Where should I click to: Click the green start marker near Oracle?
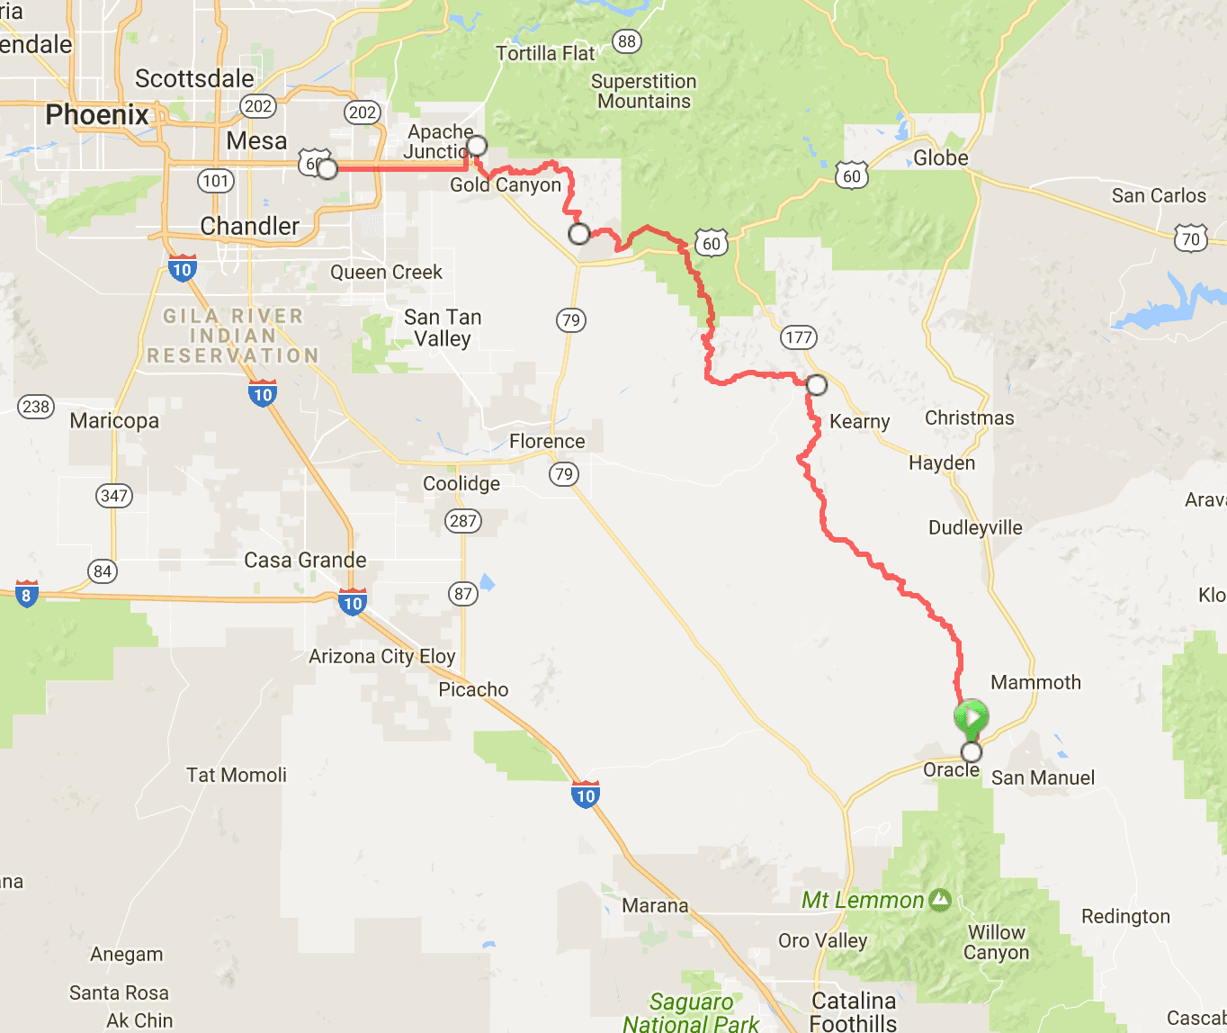tap(971, 717)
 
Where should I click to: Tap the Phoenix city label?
tap(97, 115)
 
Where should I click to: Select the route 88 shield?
tap(626, 41)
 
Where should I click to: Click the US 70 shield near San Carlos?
tap(1190, 238)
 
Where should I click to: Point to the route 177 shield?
tap(798, 337)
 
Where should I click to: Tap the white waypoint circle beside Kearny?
tap(816, 385)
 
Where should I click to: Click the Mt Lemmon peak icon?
tap(940, 899)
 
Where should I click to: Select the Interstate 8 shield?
tap(26, 594)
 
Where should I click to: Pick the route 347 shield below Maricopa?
tap(114, 496)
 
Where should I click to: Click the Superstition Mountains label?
tap(643, 91)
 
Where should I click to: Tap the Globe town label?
tap(941, 158)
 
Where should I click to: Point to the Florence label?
tap(547, 441)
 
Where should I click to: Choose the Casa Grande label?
tap(305, 560)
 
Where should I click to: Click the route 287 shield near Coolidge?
tap(463, 521)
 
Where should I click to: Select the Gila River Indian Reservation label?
tap(232, 336)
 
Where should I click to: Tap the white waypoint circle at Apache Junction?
tap(477, 145)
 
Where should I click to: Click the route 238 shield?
tap(36, 407)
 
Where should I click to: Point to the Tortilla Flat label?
tap(545, 54)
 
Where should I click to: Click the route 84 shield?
tap(103, 571)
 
